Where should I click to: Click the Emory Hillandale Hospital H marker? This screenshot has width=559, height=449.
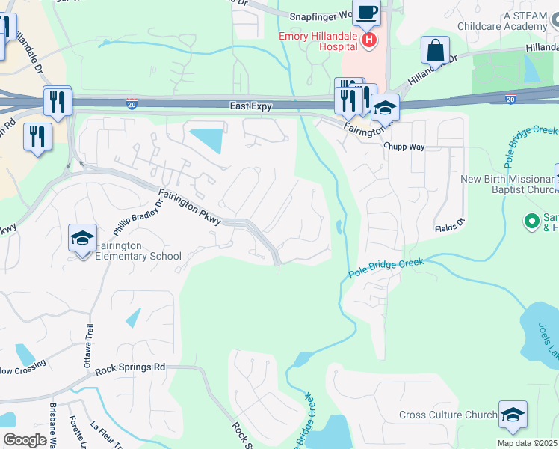(x=368, y=40)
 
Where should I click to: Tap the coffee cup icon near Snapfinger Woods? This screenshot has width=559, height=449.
(x=366, y=12)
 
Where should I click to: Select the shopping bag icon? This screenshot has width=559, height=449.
(x=435, y=50)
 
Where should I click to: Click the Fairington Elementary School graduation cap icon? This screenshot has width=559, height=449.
(x=82, y=238)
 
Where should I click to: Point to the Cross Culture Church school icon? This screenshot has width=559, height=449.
(x=513, y=415)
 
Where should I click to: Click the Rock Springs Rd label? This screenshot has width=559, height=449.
(x=130, y=367)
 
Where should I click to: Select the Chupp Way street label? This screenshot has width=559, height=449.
(x=404, y=147)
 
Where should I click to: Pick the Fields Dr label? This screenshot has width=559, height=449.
(x=450, y=224)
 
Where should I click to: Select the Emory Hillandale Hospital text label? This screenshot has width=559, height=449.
(x=318, y=40)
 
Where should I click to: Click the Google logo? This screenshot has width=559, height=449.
(x=25, y=440)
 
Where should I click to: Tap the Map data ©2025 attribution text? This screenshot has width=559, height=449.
(x=528, y=443)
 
